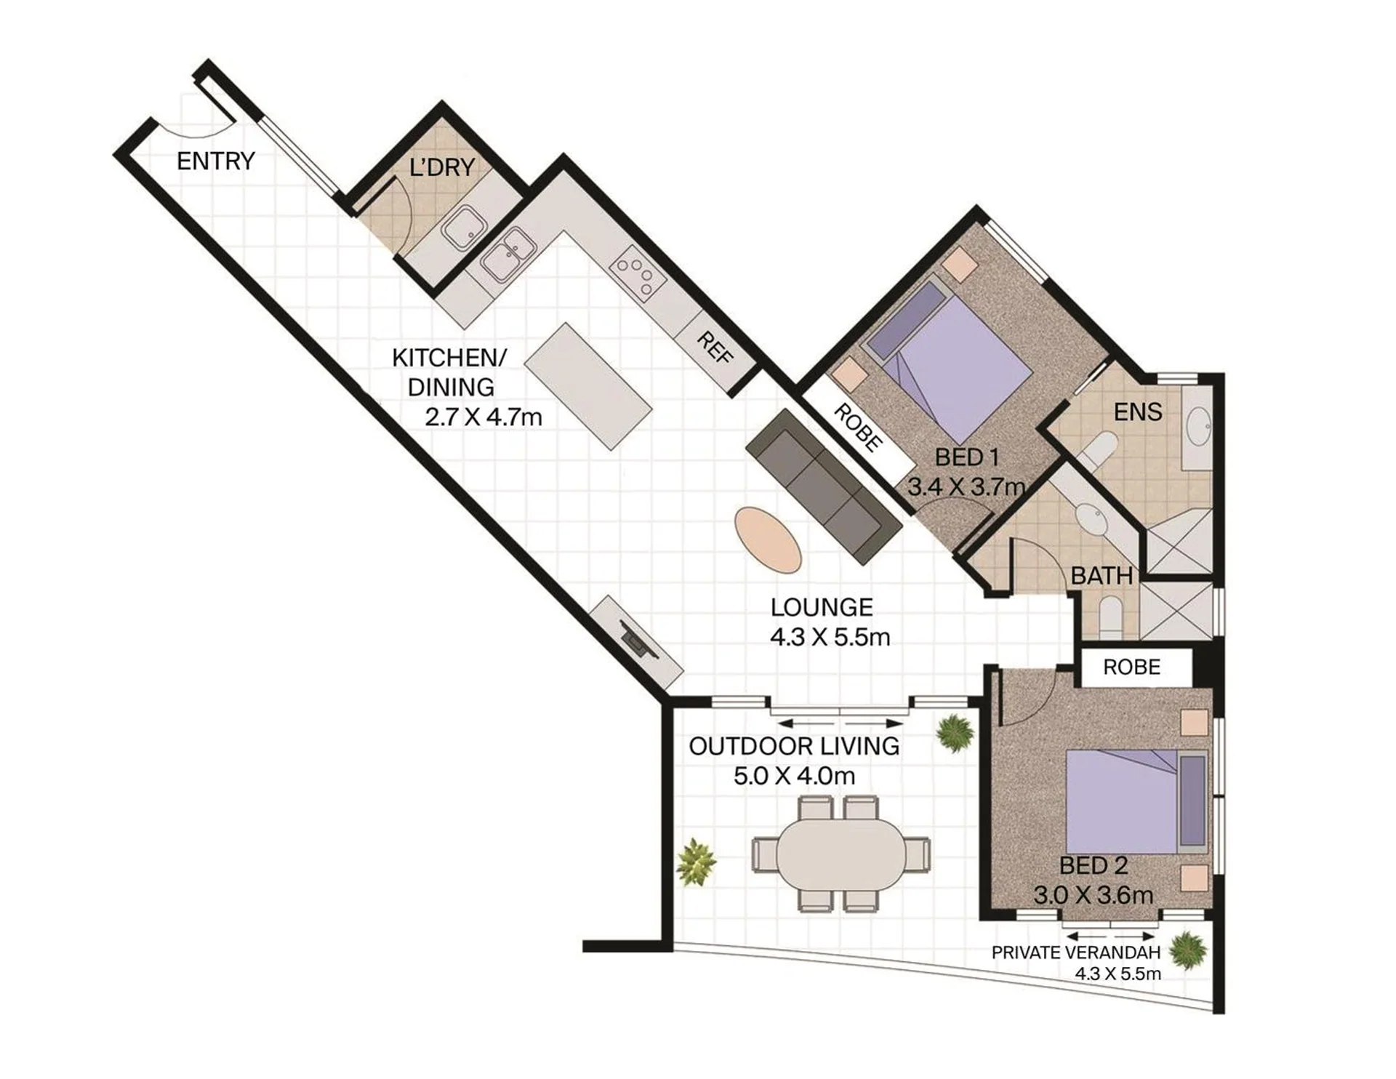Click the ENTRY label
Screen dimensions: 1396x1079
pyautogui.click(x=216, y=161)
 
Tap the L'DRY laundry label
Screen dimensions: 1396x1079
pyautogui.click(x=442, y=167)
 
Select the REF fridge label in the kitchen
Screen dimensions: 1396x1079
pyautogui.click(x=715, y=348)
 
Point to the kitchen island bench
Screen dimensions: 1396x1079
pyautogui.click(x=587, y=386)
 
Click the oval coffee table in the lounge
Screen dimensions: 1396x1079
pyautogui.click(x=768, y=539)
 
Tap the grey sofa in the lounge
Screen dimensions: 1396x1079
pyautogui.click(x=824, y=486)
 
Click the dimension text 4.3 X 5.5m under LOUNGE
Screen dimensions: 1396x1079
pyautogui.click(x=830, y=637)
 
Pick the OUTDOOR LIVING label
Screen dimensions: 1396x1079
pyautogui.click(x=794, y=746)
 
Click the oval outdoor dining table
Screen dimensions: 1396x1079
pyautogui.click(x=841, y=854)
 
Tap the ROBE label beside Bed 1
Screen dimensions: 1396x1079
pyautogui.click(x=858, y=427)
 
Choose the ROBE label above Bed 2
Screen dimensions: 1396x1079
pyautogui.click(x=1131, y=667)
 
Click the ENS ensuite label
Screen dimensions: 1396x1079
pyautogui.click(x=1138, y=412)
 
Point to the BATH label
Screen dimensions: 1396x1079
pyautogui.click(x=1102, y=576)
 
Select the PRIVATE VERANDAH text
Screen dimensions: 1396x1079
pyautogui.click(x=1075, y=952)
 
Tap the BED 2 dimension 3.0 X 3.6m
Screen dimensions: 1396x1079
pyautogui.click(x=1094, y=895)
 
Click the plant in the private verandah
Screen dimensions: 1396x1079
pyautogui.click(x=1188, y=950)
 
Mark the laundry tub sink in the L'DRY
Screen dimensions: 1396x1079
pyautogui.click(x=463, y=225)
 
